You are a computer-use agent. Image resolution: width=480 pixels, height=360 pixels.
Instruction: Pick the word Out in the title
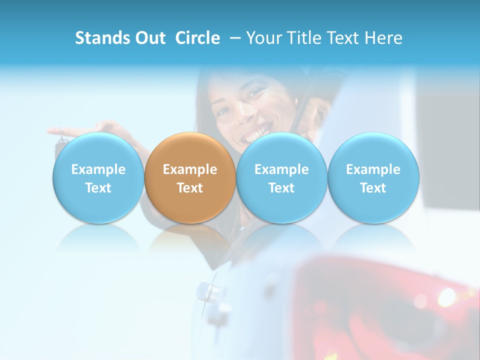(x=149, y=38)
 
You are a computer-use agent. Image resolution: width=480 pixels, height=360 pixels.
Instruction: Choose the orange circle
(x=190, y=177)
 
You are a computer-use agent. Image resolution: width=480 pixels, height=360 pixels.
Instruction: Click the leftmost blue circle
(x=98, y=177)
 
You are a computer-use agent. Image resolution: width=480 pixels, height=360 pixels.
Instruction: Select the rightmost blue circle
(x=373, y=177)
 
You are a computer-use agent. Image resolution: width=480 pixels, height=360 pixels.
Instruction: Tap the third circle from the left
(x=281, y=177)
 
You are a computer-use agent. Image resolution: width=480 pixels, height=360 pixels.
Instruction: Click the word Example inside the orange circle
(x=190, y=169)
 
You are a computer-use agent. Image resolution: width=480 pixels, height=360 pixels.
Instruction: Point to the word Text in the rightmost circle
(x=373, y=188)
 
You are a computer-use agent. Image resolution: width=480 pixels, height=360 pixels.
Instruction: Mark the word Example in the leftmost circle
(x=98, y=169)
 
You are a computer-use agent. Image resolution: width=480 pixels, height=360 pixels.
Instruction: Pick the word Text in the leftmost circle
(x=98, y=188)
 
